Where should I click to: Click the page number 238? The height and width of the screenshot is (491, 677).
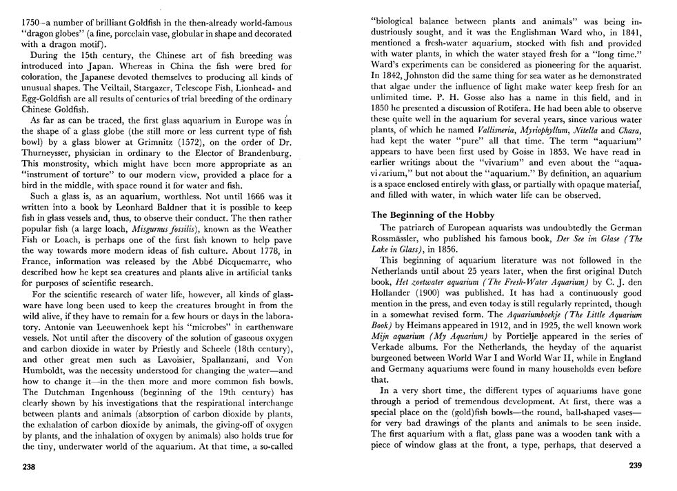pos(30,466)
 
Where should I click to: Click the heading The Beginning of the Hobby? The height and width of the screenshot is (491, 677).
pos(433,214)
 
